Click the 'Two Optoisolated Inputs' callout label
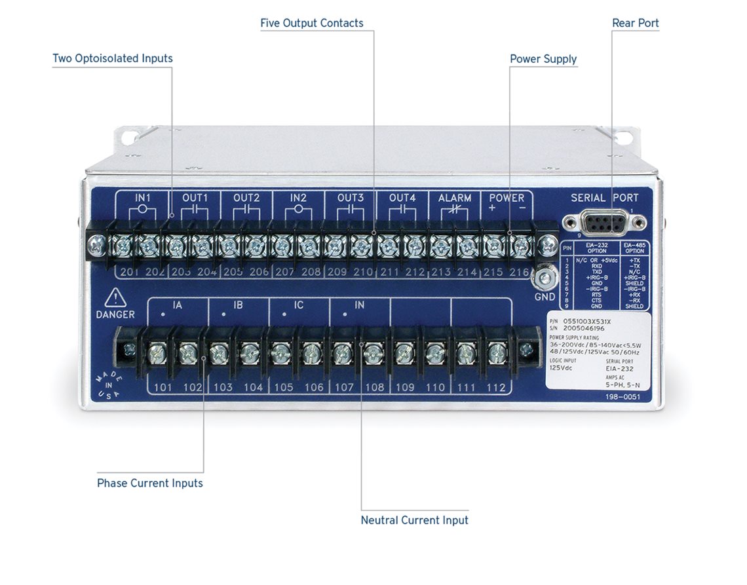pos(112,58)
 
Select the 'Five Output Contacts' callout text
pos(311,23)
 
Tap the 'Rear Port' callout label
pos(635,23)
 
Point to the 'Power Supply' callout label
pos(543,59)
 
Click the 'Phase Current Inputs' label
pos(150,483)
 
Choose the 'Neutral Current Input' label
pos(414,520)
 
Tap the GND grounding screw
pos(545,279)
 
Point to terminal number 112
pos(496,387)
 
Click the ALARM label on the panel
pos(455,198)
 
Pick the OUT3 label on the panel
pos(351,198)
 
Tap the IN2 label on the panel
pos(298,198)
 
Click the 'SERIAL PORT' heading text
pos(604,198)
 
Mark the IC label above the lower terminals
pos(298,305)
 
